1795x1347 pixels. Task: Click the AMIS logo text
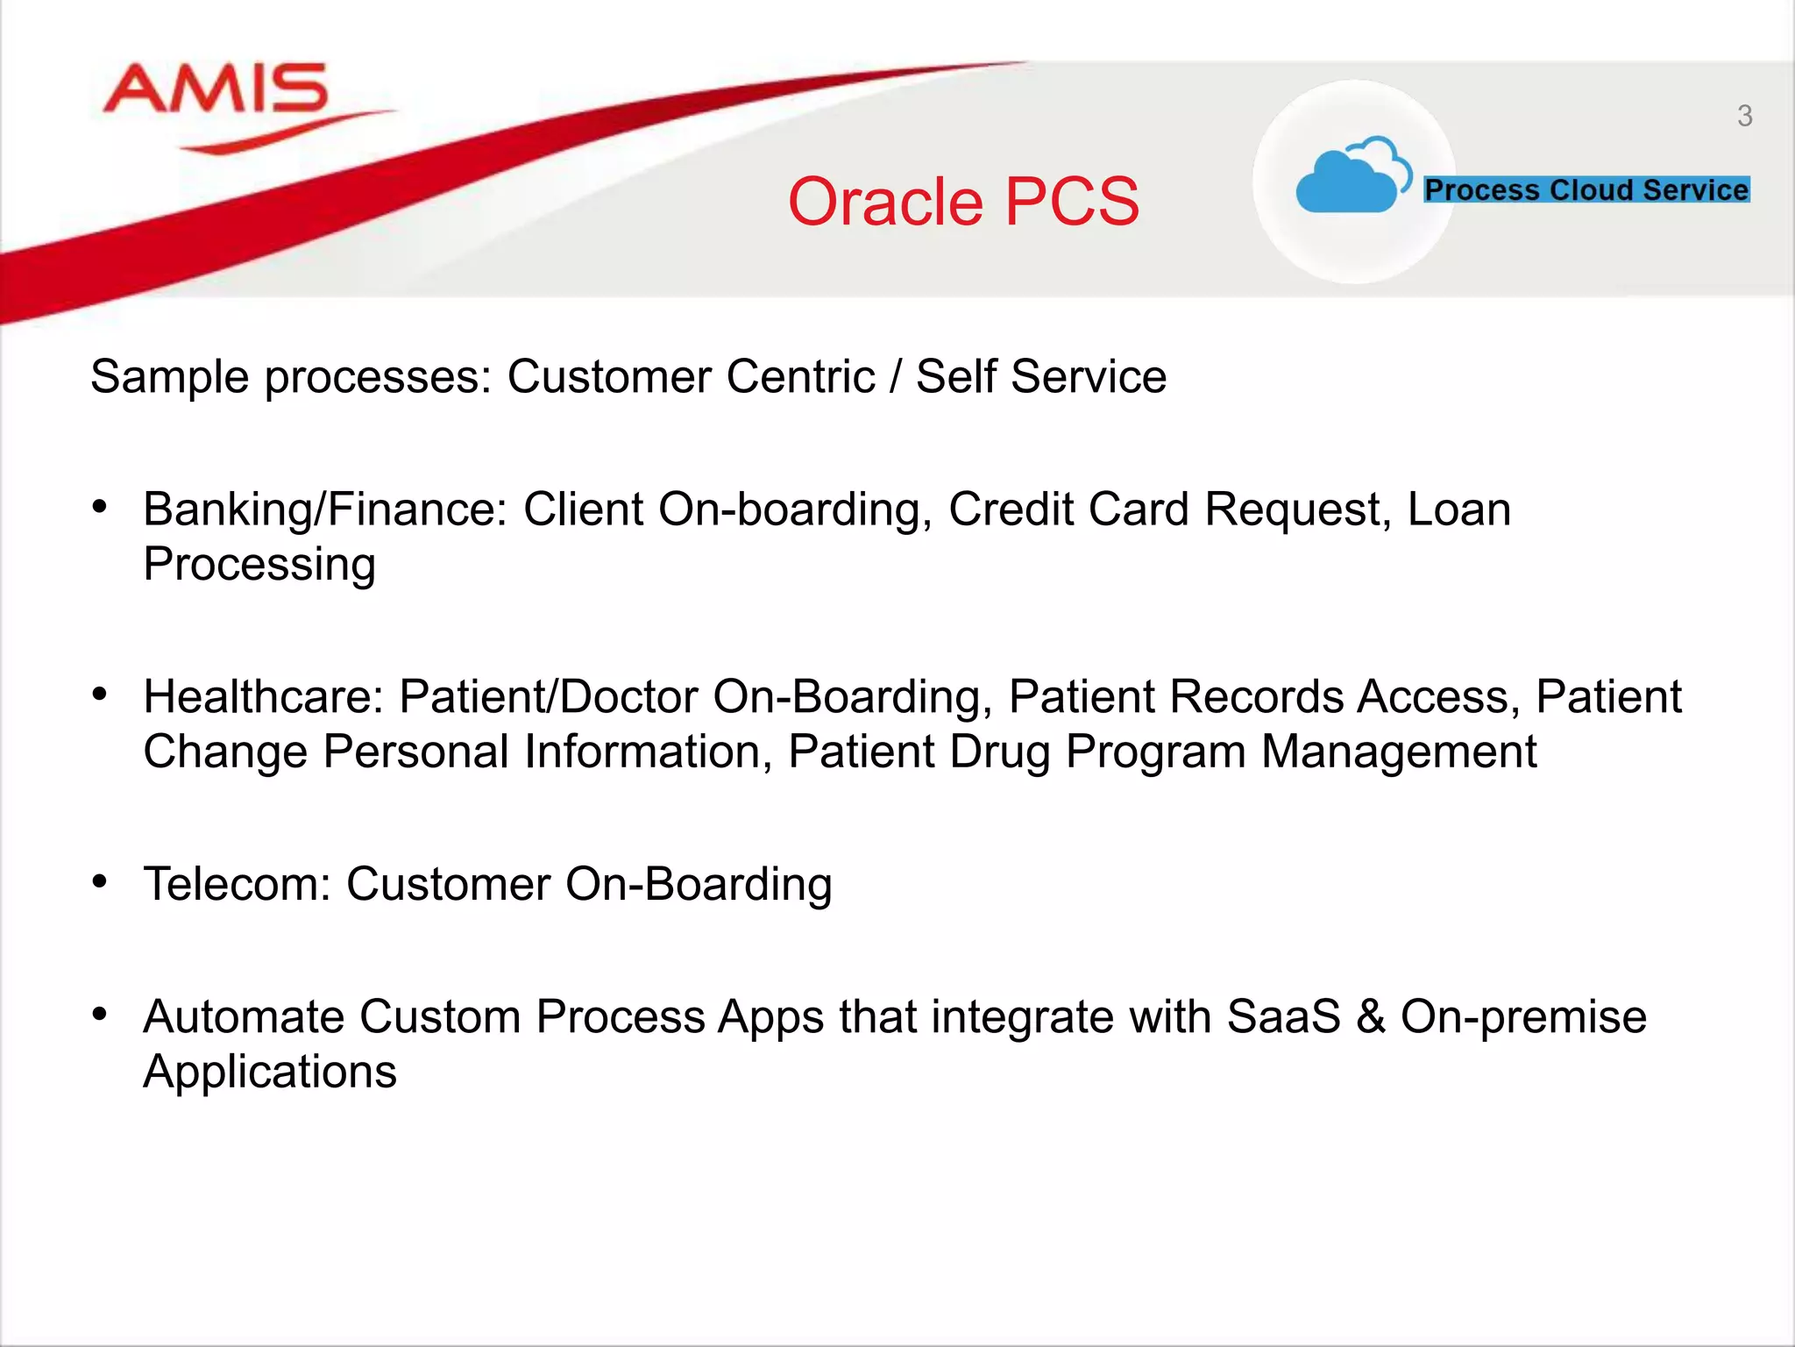tap(216, 89)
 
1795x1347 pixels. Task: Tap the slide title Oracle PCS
tap(963, 202)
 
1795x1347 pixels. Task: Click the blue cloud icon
tap(1350, 178)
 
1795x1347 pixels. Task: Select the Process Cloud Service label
tap(1586, 189)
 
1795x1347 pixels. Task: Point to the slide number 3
tap(1744, 116)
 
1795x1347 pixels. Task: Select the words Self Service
tap(1041, 377)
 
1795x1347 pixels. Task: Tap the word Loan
tap(1458, 510)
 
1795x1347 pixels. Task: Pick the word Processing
tap(259, 565)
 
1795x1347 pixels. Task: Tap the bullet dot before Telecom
tap(100, 880)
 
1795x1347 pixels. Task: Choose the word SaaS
tap(1283, 1017)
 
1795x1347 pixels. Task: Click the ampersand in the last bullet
tap(1371, 1017)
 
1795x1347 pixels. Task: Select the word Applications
tap(270, 1073)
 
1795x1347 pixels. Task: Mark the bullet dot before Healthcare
tap(100, 694)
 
